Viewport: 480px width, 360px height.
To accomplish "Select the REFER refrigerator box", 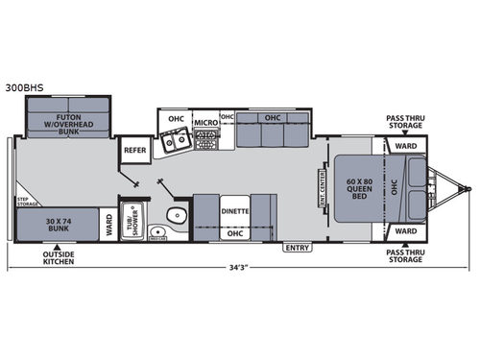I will coord(133,150).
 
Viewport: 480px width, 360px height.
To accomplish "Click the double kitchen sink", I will coord(175,144).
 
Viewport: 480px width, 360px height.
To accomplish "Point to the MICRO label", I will coord(205,123).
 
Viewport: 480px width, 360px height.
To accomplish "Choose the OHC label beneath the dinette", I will coord(234,232).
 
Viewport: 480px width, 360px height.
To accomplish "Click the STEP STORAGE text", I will coord(28,203).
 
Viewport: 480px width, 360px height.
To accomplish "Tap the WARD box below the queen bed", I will coord(405,231).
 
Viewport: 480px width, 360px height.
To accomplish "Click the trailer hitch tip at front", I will coord(468,185).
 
